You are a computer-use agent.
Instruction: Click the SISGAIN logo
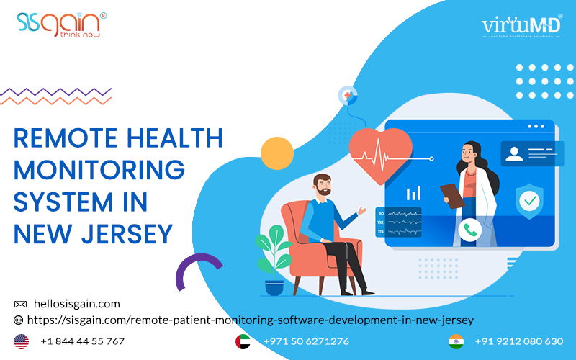[60, 23]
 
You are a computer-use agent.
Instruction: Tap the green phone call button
[471, 230]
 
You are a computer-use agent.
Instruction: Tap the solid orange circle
[276, 153]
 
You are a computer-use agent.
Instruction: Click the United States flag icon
[22, 341]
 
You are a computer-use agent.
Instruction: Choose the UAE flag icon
[243, 341]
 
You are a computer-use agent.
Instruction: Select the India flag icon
[456, 341]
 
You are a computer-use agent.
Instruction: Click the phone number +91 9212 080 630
[520, 341]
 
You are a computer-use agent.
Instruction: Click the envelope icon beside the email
[20, 305]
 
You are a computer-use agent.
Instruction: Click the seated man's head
[322, 189]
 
